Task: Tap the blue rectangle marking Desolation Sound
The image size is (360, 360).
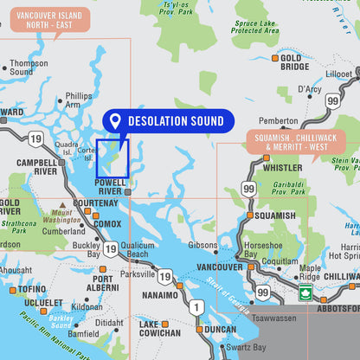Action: pyautogui.click(x=112, y=159)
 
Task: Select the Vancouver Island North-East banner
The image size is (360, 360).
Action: pyautogui.click(x=50, y=21)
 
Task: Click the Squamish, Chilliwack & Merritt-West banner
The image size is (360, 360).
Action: pyautogui.click(x=296, y=142)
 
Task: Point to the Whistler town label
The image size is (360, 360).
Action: pyautogui.click(x=283, y=167)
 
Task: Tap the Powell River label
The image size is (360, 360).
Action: pyautogui.click(x=110, y=187)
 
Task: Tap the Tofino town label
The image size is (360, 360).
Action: pyautogui.click(x=31, y=289)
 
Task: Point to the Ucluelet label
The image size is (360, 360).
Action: pyautogui.click(x=43, y=304)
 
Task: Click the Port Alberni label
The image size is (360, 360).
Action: pyautogui.click(x=103, y=284)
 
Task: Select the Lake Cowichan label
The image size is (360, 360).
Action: pyautogui.click(x=160, y=329)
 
